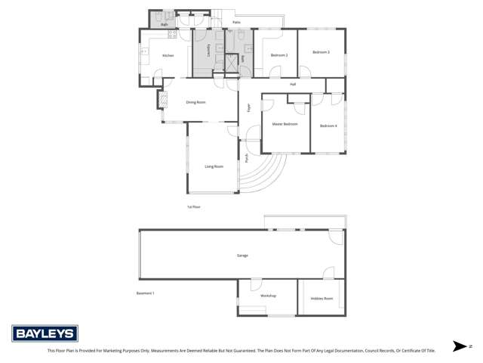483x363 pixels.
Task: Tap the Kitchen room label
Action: coord(168,55)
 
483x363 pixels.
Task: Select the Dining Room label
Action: coord(196,101)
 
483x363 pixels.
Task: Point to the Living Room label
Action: coord(214,166)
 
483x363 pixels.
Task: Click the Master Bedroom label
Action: coord(285,124)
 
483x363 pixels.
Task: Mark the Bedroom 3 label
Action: coord(321,51)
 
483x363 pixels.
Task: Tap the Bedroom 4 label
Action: coord(328,126)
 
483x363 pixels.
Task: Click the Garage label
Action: coord(242,255)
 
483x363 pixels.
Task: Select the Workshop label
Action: coord(268,296)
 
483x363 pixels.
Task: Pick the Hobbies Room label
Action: coord(321,299)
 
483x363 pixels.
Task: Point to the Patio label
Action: coord(236,23)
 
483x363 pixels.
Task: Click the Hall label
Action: coord(292,84)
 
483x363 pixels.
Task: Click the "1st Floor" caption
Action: coord(194,206)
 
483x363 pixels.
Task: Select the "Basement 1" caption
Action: coord(145,293)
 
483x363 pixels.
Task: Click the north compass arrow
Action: coord(459,346)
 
